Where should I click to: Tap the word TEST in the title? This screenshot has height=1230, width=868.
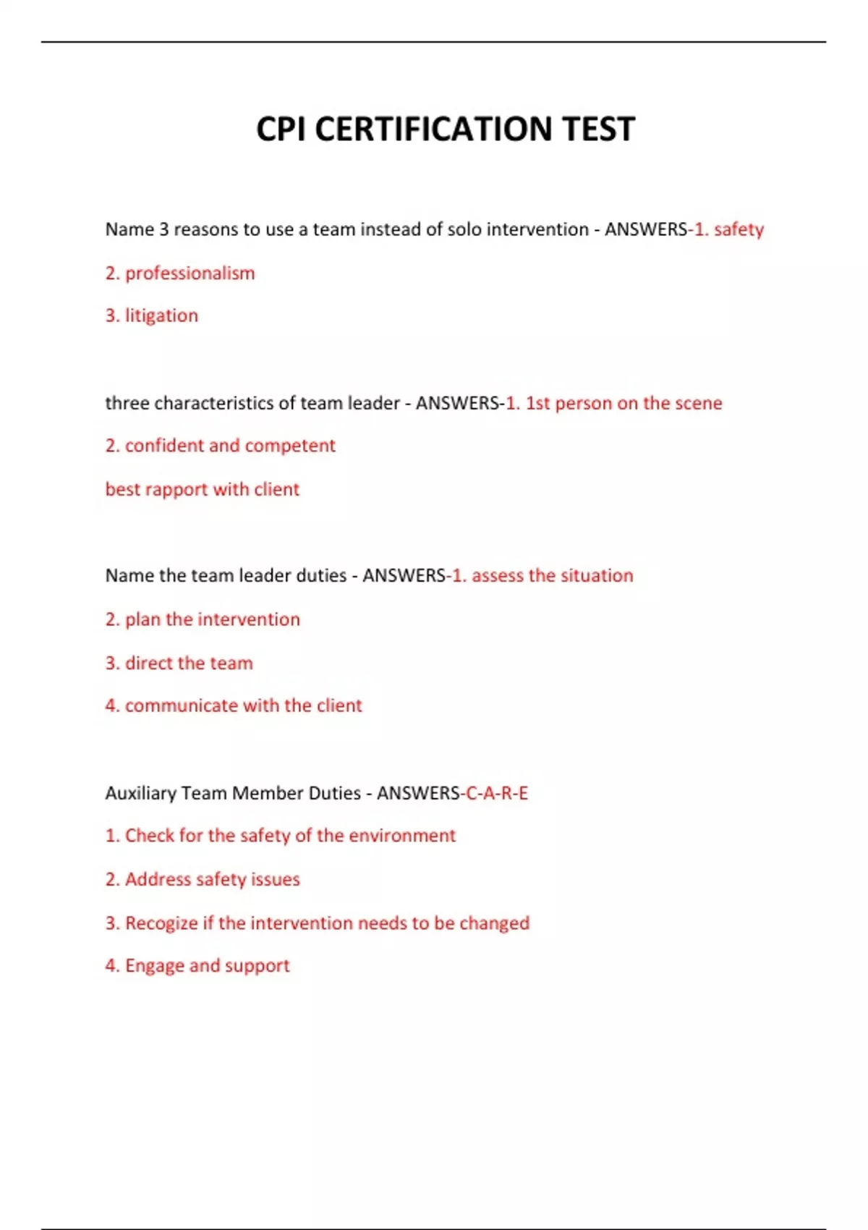tap(598, 130)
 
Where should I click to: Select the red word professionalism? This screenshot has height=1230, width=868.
tap(190, 273)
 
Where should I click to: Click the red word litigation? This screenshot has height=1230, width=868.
tap(161, 316)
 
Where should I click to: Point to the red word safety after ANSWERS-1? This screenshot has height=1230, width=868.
tap(739, 230)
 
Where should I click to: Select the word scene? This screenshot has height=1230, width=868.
tap(698, 403)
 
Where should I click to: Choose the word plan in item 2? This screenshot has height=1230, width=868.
tap(142, 620)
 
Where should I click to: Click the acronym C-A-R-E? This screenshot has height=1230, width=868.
tap(497, 794)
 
